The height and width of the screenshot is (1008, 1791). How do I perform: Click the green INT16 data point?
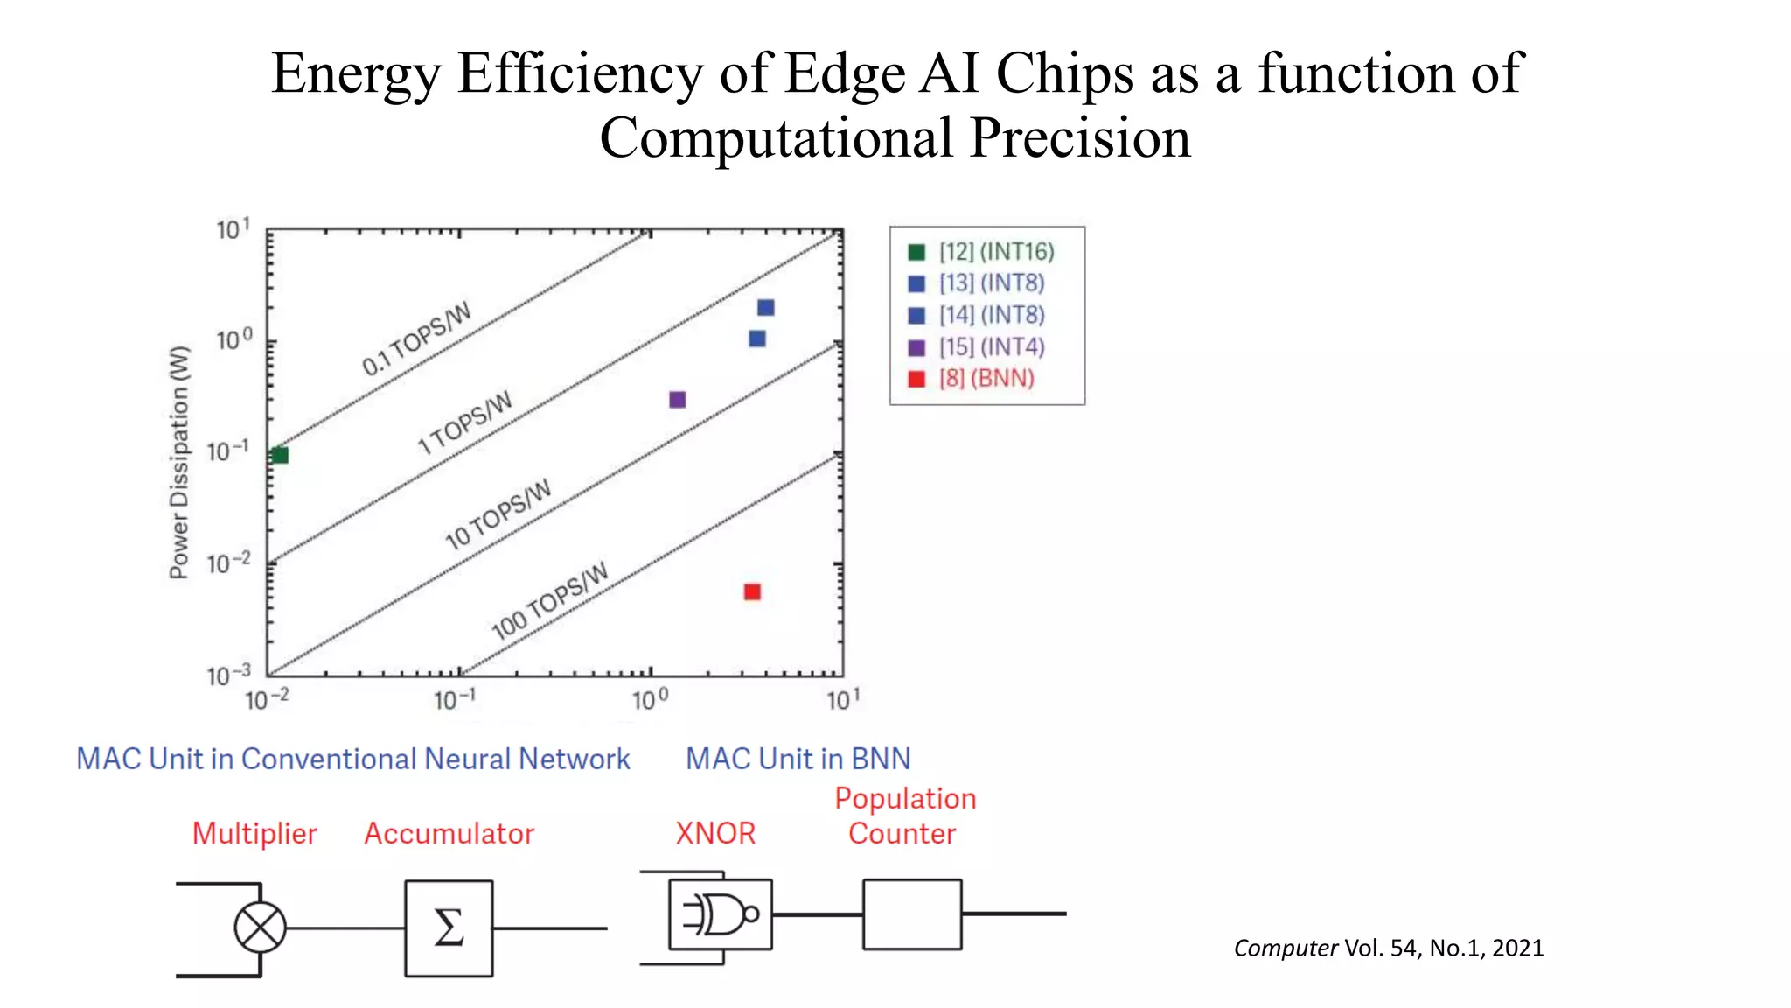click(280, 455)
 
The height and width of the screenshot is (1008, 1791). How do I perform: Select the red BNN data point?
click(752, 592)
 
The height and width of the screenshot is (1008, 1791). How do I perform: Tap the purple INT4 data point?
click(677, 400)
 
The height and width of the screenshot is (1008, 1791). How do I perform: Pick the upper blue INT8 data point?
click(765, 307)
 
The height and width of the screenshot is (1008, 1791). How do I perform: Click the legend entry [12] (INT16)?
click(996, 252)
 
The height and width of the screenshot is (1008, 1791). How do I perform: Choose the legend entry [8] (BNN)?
click(986, 379)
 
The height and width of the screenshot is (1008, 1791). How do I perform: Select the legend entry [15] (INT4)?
click(991, 347)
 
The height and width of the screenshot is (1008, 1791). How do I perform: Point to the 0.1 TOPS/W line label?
click(416, 339)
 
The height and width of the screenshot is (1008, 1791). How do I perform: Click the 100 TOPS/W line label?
click(549, 601)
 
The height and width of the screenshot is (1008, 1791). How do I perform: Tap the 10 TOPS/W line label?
click(498, 514)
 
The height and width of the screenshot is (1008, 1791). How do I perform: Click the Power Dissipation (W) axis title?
click(178, 462)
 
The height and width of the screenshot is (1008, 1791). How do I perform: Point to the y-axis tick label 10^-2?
click(228, 563)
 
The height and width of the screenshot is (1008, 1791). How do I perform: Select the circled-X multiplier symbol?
click(260, 927)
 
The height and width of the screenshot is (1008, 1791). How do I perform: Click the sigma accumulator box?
click(449, 927)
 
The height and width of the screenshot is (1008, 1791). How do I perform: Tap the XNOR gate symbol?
click(720, 914)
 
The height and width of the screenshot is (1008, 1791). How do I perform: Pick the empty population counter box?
click(912, 914)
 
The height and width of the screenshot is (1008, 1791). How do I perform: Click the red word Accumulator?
click(449, 834)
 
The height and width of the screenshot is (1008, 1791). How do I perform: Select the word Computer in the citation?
click(1285, 948)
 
